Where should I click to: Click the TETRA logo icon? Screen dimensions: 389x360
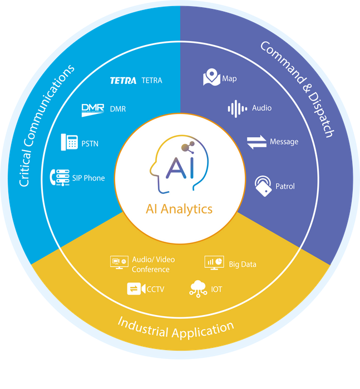(123, 81)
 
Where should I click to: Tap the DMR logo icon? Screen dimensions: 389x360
(93, 109)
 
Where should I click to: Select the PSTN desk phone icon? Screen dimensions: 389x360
(68, 142)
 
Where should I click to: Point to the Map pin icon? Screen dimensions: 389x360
(211, 78)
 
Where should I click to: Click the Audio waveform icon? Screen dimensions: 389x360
(238, 108)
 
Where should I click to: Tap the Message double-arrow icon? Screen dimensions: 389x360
(257, 142)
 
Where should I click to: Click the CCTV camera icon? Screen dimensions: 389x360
(135, 289)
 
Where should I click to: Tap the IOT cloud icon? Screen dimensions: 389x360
(198, 288)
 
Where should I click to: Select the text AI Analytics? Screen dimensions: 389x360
(179, 210)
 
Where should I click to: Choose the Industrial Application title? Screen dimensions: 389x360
(176, 328)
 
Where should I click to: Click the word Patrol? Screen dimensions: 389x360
(285, 186)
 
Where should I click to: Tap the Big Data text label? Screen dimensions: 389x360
(243, 264)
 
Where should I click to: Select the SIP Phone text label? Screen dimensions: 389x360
(88, 178)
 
